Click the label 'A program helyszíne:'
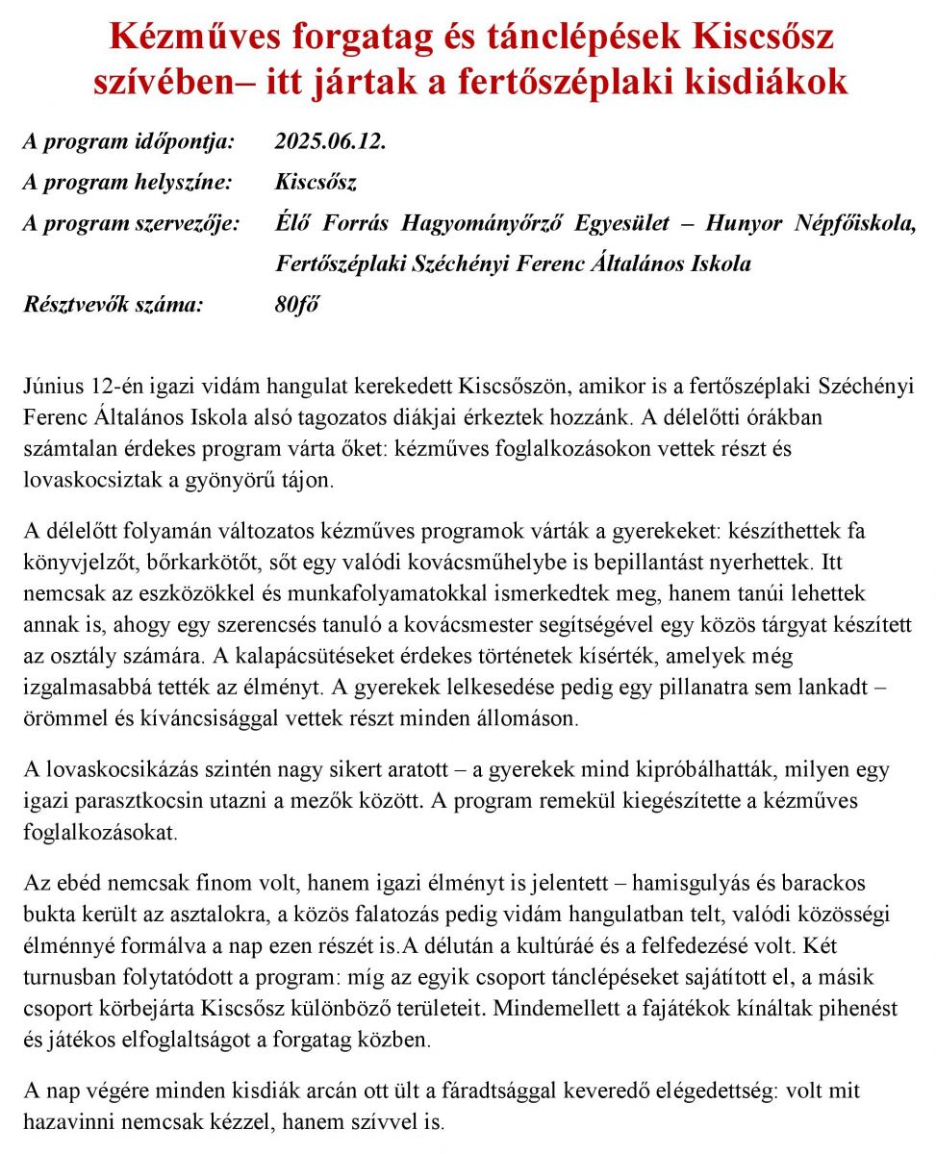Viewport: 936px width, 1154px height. tap(127, 182)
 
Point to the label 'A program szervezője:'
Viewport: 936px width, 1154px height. tap(131, 223)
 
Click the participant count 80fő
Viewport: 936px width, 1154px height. tap(296, 305)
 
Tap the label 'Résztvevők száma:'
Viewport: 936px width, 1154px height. tap(114, 305)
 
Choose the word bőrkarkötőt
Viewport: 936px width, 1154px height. tap(219, 561)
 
